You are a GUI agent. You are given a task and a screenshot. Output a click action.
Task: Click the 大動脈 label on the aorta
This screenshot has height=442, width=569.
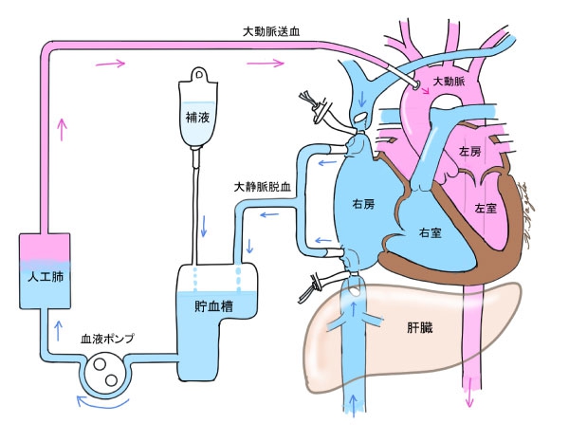tap(448, 83)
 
